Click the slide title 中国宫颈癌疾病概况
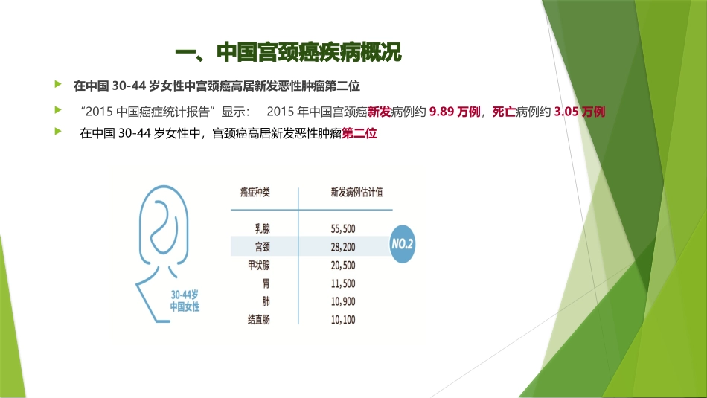coord(287,53)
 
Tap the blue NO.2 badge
coord(403,244)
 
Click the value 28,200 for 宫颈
coord(342,247)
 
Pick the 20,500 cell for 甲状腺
coord(342,266)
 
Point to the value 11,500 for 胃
coord(342,283)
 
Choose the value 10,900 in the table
coord(342,301)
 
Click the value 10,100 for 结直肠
coord(342,320)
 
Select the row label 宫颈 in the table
coord(262,247)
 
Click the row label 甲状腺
coord(259,266)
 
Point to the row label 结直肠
coord(259,320)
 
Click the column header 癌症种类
coord(255,193)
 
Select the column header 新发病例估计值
coord(356,193)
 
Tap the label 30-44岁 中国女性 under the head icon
coord(185,300)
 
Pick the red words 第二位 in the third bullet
coord(359,135)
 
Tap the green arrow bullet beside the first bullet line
coord(58,85)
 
